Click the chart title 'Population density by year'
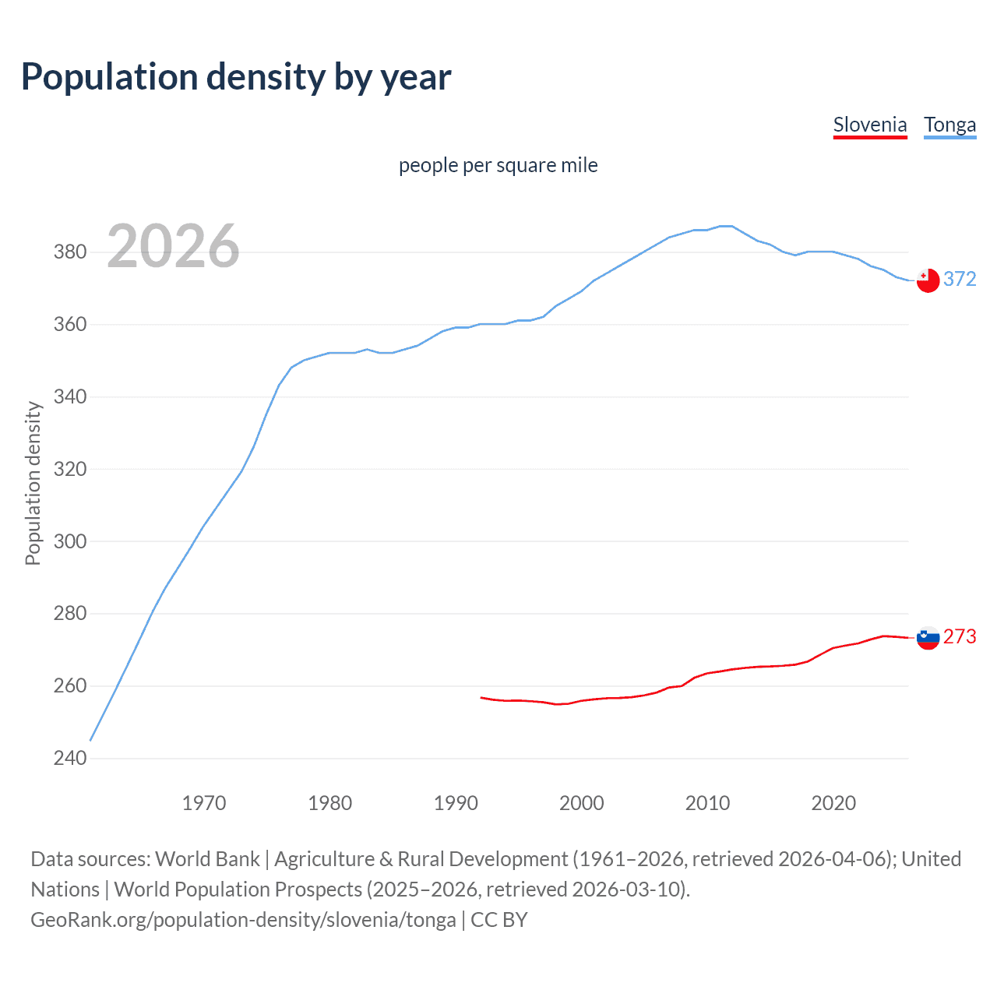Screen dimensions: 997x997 [x=236, y=77]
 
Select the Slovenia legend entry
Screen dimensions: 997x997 [x=870, y=125]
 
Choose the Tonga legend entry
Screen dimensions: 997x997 [x=949, y=125]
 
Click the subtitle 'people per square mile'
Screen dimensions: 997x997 [x=498, y=165]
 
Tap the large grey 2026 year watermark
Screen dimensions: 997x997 [x=173, y=246]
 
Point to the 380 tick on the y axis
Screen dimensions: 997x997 [x=69, y=252]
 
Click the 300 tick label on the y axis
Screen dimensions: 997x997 [x=69, y=541]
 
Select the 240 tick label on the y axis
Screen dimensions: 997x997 [x=69, y=758]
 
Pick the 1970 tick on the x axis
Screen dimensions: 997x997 [x=204, y=803]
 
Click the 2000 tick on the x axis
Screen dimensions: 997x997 [x=581, y=803]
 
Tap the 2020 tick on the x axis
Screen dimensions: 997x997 [x=833, y=803]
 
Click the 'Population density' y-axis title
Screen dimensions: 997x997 [x=33, y=483]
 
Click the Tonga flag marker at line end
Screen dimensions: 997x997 [x=928, y=280]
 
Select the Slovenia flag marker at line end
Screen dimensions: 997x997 [x=928, y=638]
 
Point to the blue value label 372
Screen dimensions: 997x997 [x=960, y=279]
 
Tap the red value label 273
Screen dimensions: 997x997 [x=960, y=636]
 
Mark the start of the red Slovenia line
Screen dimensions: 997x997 [x=481, y=698]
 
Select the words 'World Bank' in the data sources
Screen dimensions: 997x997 [x=207, y=859]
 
